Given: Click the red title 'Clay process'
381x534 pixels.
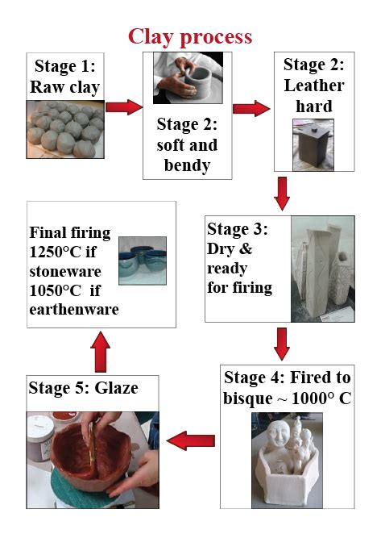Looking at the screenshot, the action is coord(190,37).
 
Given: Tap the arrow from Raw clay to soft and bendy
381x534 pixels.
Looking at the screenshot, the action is coord(124,107).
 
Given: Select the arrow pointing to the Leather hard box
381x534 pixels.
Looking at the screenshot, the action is coord(251,109).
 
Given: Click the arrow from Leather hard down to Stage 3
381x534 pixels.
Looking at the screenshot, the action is coord(282,194).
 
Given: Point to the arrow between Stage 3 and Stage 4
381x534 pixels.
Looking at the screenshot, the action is coord(282,344).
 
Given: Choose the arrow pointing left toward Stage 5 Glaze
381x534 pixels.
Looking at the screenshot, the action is coord(191,440).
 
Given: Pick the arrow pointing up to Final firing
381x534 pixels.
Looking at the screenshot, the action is coord(101,352).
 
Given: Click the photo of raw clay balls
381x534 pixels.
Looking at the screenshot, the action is coord(65,129).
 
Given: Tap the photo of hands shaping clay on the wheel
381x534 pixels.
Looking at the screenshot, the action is coord(188,78).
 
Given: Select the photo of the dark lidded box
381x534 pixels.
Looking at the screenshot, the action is coord(313,145).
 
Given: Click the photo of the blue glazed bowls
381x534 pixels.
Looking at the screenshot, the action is coord(143,261).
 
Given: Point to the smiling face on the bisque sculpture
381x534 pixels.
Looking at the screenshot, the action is coord(278,434).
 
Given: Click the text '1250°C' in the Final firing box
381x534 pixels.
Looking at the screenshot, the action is coord(56,252).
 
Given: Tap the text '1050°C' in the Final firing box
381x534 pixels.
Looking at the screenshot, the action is coord(56,290).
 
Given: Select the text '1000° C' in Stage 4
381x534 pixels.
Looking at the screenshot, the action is coord(321,398).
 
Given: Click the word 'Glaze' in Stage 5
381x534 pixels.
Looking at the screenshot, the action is coord(116,388).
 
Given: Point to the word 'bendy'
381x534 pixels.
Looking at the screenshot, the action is coord(187,165).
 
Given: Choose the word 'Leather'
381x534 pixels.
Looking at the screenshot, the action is coord(314,86).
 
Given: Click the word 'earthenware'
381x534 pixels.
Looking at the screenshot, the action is coord(74,310).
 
